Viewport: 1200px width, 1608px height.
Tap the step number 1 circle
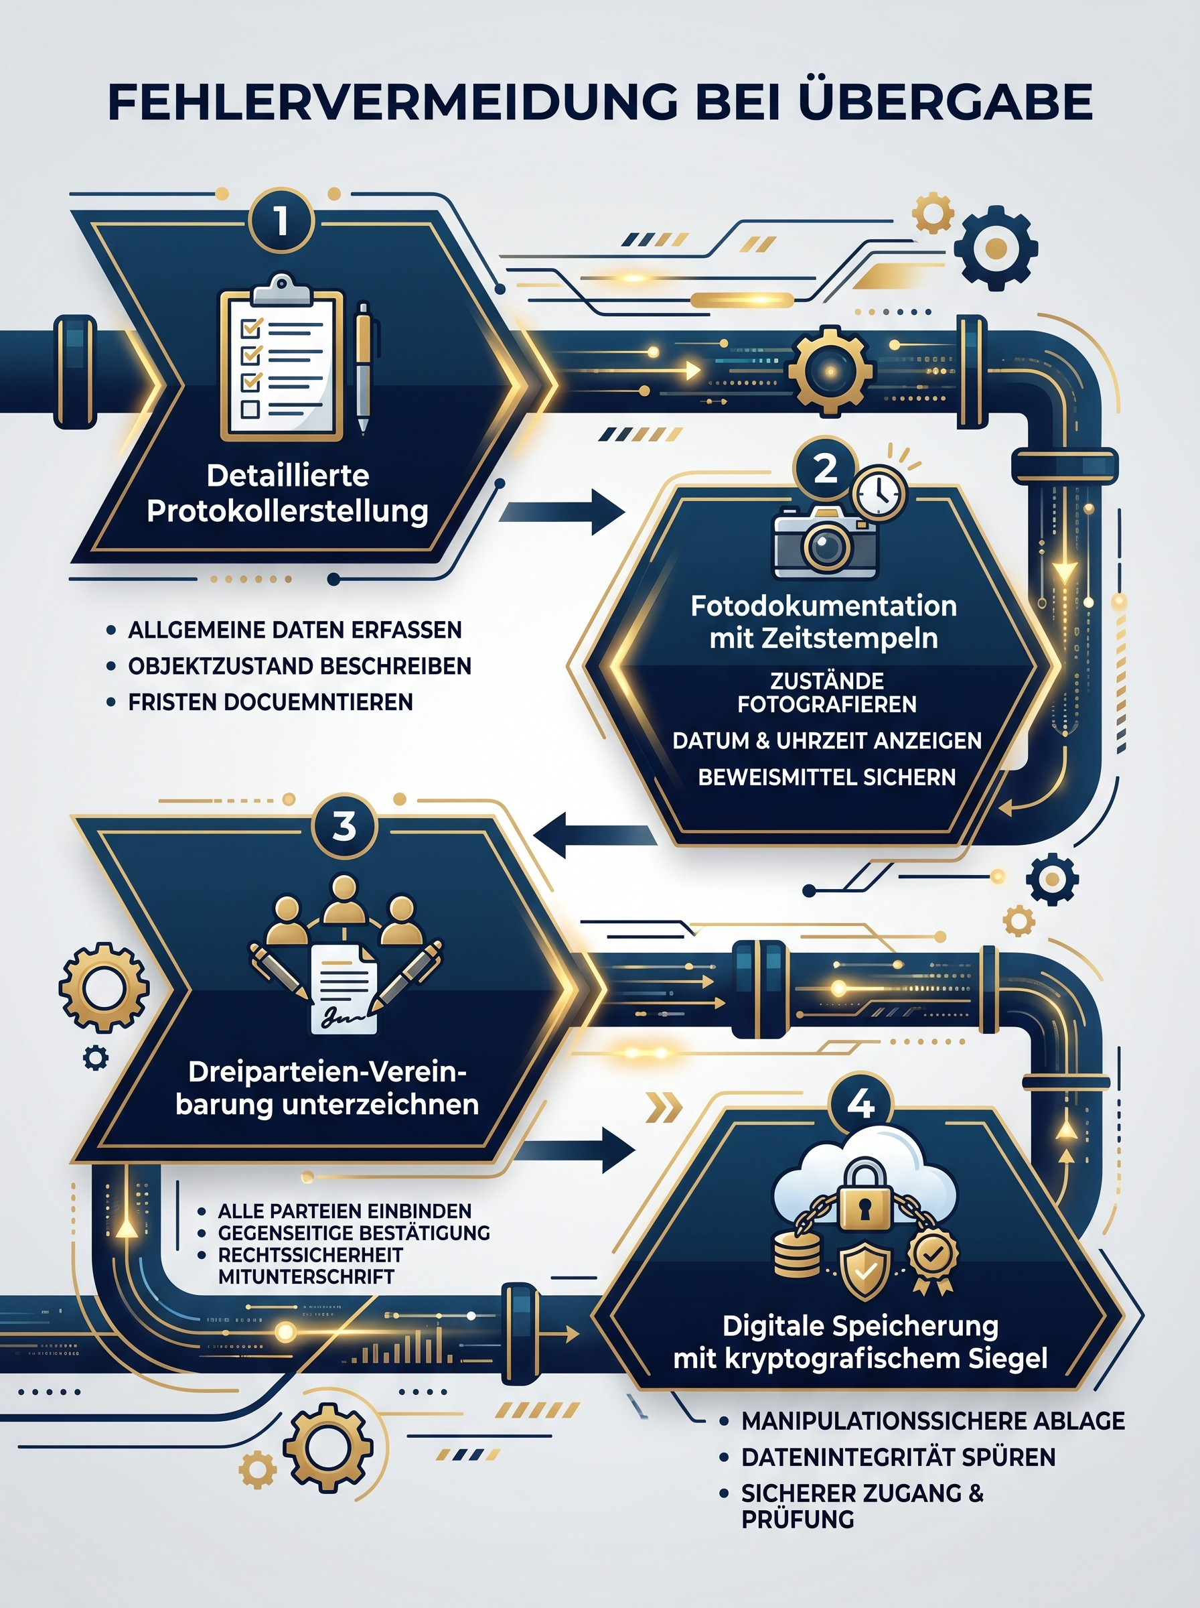[281, 221]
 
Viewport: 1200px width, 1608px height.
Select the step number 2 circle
[826, 469]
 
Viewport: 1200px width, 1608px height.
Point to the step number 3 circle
[344, 826]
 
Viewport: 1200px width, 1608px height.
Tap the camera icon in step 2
[825, 542]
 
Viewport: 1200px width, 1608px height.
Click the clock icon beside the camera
[880, 492]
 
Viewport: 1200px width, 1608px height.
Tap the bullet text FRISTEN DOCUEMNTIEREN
[271, 702]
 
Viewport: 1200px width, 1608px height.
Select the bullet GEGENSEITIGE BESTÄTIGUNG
[354, 1232]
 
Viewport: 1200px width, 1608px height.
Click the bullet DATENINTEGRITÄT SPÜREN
[898, 1457]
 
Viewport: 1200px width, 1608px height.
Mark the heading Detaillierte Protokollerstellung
[288, 492]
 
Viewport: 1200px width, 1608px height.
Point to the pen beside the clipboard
[362, 368]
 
